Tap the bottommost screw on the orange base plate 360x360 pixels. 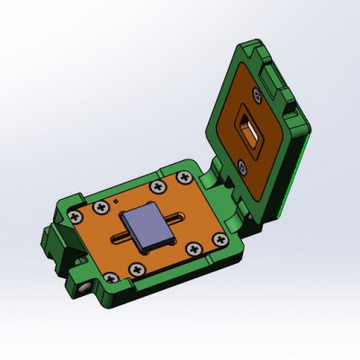[x=135, y=268]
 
